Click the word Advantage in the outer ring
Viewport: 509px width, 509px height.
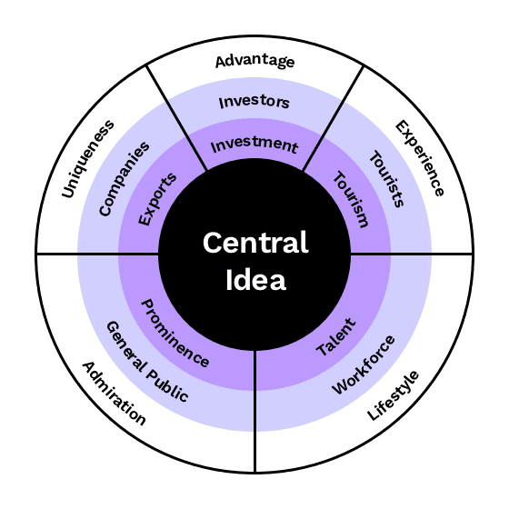coord(254,61)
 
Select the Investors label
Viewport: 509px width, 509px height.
coord(254,102)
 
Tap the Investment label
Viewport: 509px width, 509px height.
coord(254,145)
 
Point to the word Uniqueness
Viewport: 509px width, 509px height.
coord(87,159)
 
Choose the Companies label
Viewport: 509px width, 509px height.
coord(124,179)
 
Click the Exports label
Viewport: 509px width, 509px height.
coord(157,199)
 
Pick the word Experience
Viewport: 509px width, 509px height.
coord(419,158)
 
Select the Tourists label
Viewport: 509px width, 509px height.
coord(387,179)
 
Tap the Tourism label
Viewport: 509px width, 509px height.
coord(351,199)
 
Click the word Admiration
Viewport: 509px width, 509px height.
coord(115,393)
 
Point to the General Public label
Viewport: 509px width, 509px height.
coord(147,362)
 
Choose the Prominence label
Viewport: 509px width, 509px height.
coord(175,334)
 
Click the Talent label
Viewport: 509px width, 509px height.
coord(336,337)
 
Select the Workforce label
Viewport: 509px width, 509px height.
coord(364,364)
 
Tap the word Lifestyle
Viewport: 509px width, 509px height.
coord(393,395)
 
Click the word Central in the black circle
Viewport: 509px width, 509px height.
coord(255,243)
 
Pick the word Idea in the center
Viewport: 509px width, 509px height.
coord(255,280)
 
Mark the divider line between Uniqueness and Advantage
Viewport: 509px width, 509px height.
coord(176,117)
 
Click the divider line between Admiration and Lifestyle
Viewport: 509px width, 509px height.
coord(254,411)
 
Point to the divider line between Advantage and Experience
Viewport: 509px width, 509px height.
coord(333,118)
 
